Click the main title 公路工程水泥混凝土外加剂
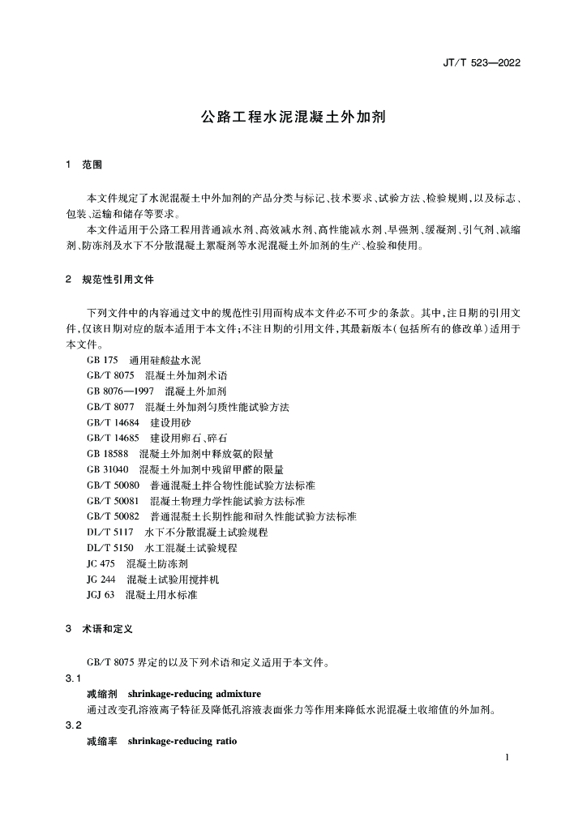click(293, 117)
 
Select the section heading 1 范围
click(84, 165)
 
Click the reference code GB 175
click(102, 359)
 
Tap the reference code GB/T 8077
click(110, 406)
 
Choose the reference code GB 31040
click(108, 469)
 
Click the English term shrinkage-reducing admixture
click(194, 694)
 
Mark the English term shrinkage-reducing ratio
click(182, 741)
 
